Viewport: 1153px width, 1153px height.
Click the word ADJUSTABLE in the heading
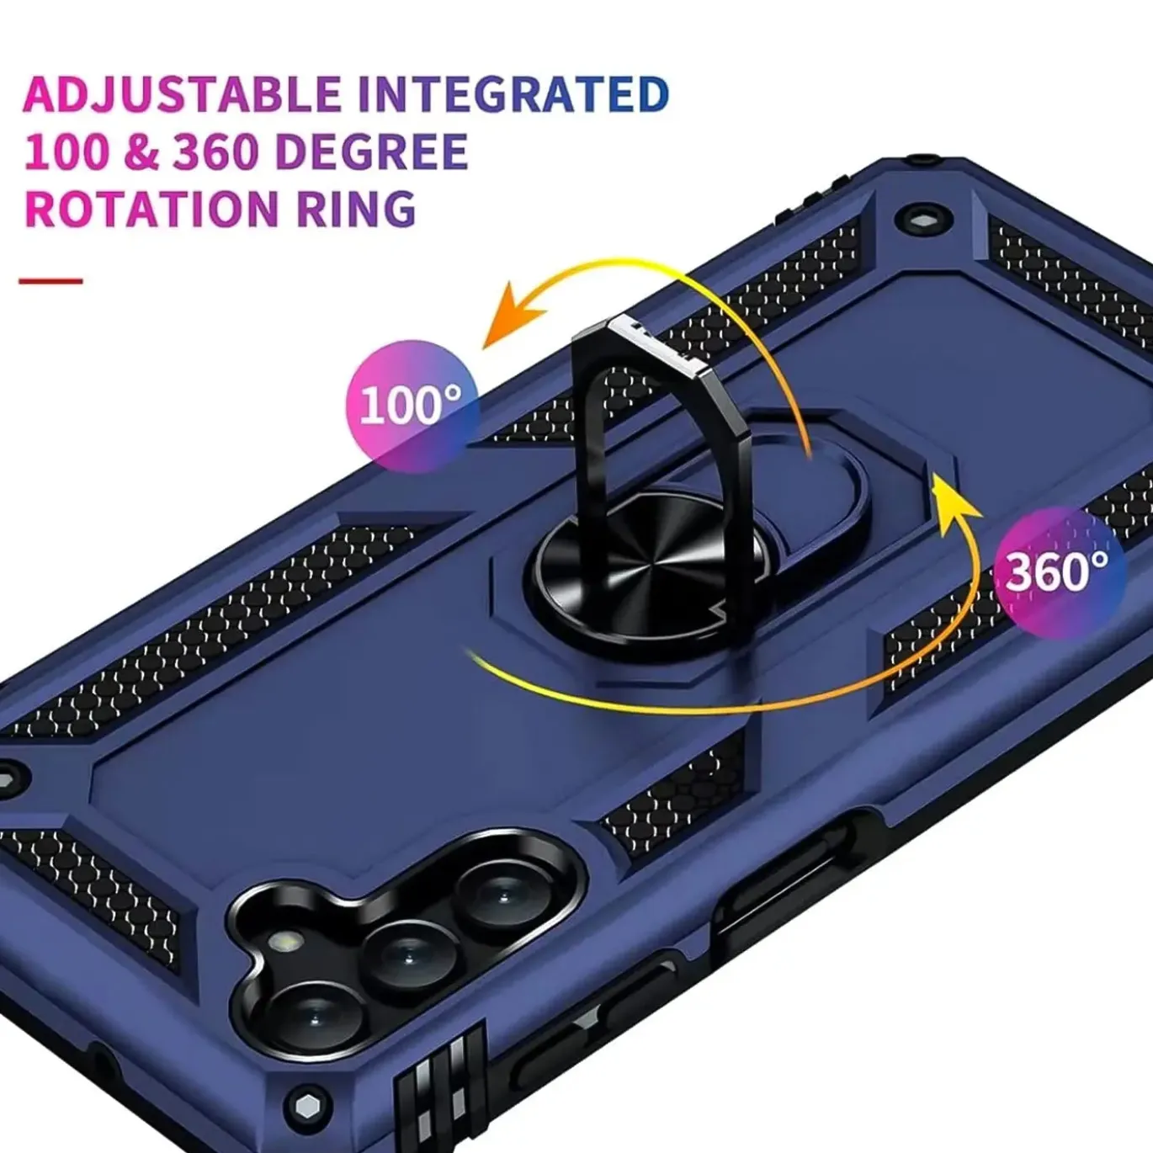(x=181, y=93)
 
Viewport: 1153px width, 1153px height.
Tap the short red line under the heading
(x=50, y=280)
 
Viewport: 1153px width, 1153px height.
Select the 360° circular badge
(x=1059, y=572)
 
